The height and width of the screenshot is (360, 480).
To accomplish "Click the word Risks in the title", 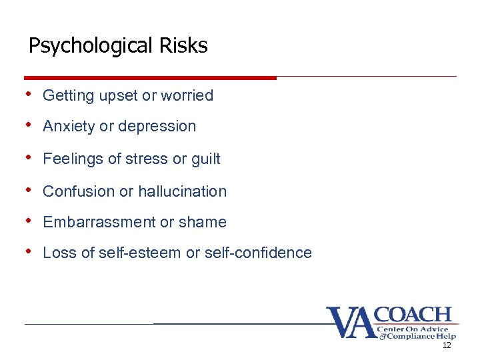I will (x=184, y=46).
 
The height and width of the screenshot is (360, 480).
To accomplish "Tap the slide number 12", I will (x=447, y=345).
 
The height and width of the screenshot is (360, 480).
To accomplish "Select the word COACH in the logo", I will (x=414, y=315).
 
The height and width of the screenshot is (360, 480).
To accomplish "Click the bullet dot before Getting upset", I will (x=30, y=95).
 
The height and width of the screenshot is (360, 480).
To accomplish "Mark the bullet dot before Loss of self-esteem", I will (x=30, y=252).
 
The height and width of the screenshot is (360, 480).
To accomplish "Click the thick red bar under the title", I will (x=150, y=78).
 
